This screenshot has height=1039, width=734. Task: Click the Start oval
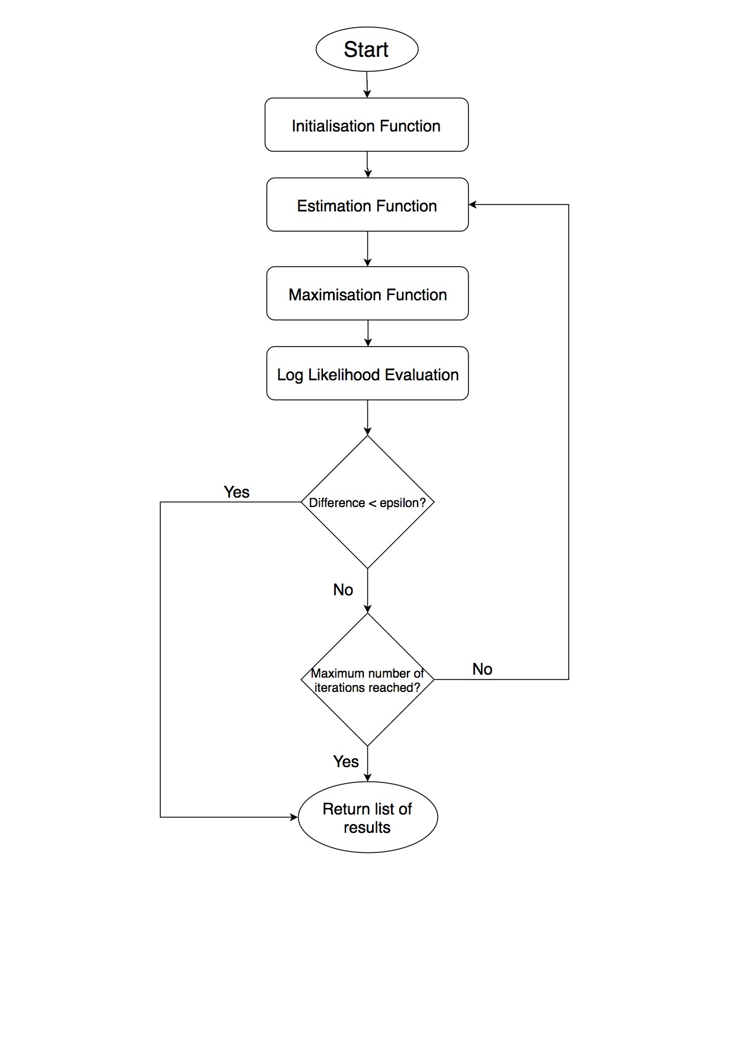(367, 49)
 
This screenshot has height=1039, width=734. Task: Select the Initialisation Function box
(366, 125)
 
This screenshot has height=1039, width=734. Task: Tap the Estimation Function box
(367, 205)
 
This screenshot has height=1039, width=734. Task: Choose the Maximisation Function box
(367, 294)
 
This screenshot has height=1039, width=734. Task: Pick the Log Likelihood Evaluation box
(367, 374)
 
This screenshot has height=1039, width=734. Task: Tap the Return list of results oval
(367, 817)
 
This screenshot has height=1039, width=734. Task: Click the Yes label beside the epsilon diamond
(236, 492)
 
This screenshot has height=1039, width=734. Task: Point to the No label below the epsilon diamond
(343, 590)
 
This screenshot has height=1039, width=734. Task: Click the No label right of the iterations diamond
(482, 669)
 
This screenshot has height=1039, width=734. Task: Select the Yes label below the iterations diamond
(346, 762)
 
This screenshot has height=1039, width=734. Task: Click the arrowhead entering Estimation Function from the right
(472, 205)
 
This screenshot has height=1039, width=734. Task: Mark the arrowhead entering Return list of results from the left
(294, 817)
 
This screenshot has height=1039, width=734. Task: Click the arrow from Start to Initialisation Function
(367, 85)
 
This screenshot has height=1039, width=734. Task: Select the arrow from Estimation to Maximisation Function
(367, 249)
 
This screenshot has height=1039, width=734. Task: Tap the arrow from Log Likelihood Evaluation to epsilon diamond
(367, 418)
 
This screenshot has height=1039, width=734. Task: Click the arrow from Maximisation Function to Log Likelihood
(368, 333)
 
